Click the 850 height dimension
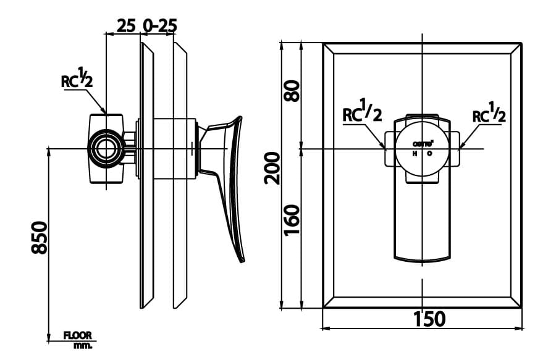pos(39,237)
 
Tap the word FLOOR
pos(78,335)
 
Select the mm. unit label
pos(82,345)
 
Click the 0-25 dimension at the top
pos(159,25)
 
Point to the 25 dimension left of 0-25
pos(126,25)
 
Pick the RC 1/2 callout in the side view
pos(77,79)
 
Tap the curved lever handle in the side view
pos(230,185)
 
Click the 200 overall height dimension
pos(272,168)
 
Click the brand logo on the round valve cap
pos(422,143)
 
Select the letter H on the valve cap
pos(414,153)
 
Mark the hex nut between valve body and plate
pos(129,149)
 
